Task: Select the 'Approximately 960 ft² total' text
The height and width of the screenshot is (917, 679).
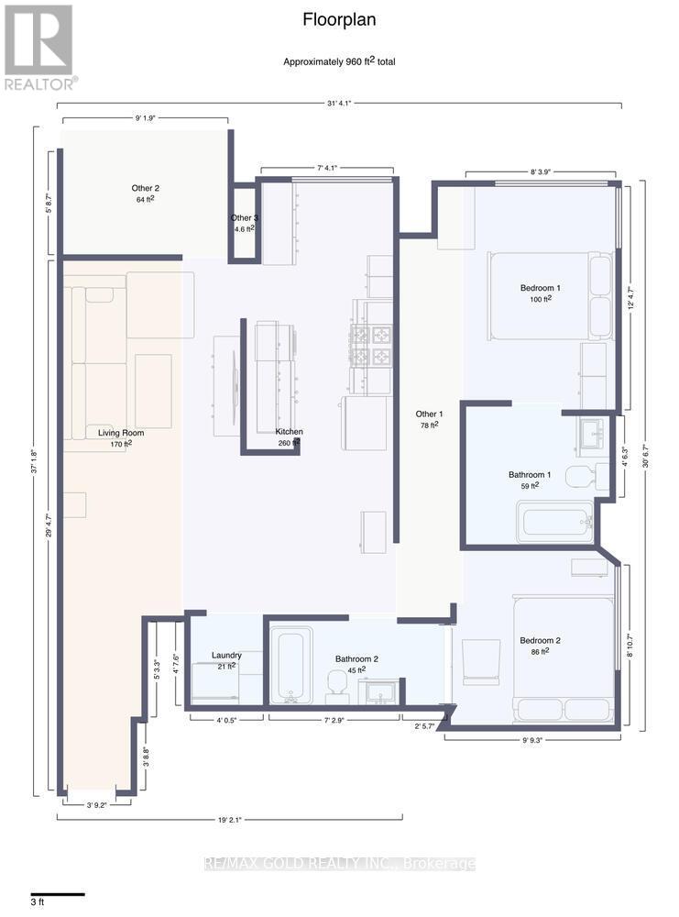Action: (x=339, y=61)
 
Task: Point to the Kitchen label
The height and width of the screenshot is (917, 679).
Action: (x=289, y=432)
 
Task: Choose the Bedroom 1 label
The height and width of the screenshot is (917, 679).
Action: (x=540, y=288)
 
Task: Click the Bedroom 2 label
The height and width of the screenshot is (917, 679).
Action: (x=540, y=640)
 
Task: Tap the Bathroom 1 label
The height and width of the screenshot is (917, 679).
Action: (x=531, y=475)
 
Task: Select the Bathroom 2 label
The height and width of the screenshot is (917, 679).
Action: (x=350, y=658)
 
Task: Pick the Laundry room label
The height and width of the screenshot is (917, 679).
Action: (x=226, y=656)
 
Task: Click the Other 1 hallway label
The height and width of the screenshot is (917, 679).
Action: (x=428, y=414)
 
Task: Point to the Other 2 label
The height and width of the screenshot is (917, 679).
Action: (x=145, y=188)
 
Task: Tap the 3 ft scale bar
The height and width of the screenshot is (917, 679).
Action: (x=57, y=894)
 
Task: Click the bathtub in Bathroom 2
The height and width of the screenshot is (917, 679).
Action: (x=291, y=668)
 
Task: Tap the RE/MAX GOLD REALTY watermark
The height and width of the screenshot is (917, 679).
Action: (x=339, y=864)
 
